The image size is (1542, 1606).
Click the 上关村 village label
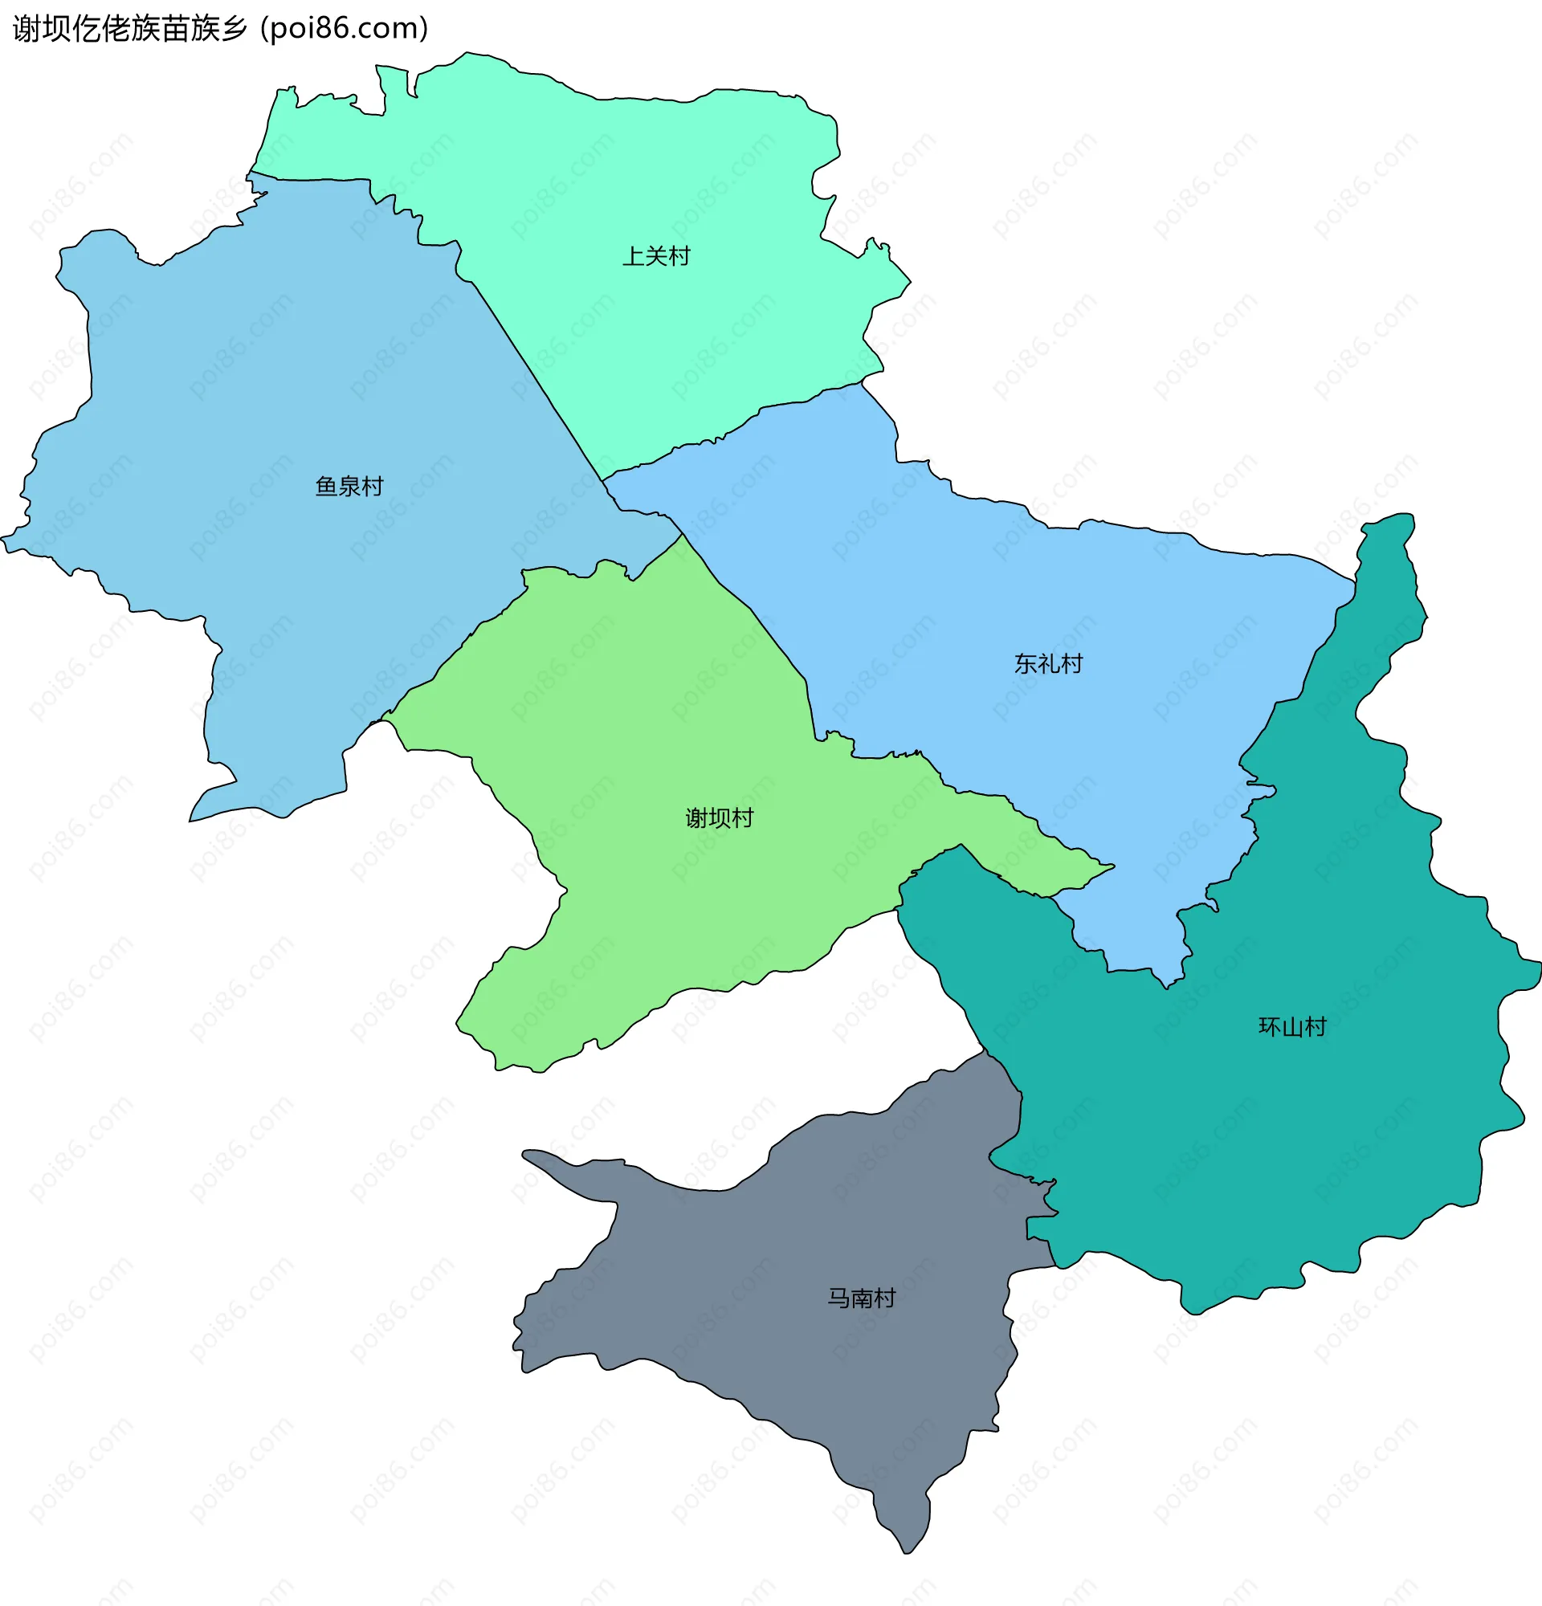pyautogui.click(x=656, y=256)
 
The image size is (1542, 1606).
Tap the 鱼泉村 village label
pyautogui.click(x=349, y=487)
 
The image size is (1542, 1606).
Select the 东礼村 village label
pyautogui.click(x=1048, y=664)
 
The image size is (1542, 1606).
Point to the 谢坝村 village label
pyautogui.click(x=719, y=817)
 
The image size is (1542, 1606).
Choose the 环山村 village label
pyautogui.click(x=1292, y=1027)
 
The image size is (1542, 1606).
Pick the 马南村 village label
pyautogui.click(x=861, y=1298)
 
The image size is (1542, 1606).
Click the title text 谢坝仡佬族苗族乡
pyautogui.click(x=130, y=29)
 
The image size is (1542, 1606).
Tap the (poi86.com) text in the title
pyautogui.click(x=344, y=29)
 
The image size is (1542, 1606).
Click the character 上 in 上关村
pyautogui.click(x=634, y=256)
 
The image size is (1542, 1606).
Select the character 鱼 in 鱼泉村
pyautogui.click(x=326, y=487)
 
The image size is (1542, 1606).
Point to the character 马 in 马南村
pyautogui.click(x=838, y=1298)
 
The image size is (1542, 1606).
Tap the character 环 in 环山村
pyautogui.click(x=1269, y=1027)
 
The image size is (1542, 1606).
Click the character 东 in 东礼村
pyautogui.click(x=1025, y=664)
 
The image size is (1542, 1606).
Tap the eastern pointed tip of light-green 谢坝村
pyautogui.click(x=1112, y=866)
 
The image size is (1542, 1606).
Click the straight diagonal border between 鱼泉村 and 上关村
pyautogui.click(x=536, y=377)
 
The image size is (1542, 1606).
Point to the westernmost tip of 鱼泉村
pyautogui.click(x=3, y=539)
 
